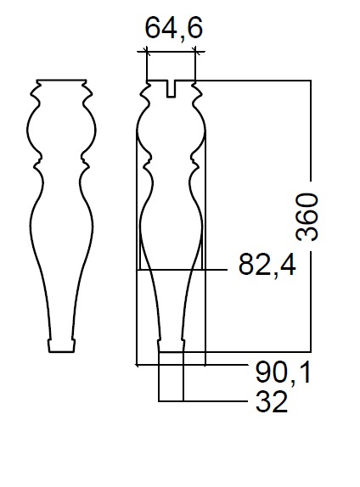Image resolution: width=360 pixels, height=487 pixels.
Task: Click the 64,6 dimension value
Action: tap(174, 29)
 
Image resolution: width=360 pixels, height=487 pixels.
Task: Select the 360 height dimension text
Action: tap(307, 217)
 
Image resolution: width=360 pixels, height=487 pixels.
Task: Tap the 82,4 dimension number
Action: tap(267, 266)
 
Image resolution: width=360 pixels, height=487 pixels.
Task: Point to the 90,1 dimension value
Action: tap(283, 373)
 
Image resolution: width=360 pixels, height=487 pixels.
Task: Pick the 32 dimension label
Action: tap(272, 401)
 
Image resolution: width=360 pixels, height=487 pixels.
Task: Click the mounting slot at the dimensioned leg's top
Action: tap(171, 89)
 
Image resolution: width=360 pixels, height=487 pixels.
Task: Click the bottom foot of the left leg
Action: tap(61, 345)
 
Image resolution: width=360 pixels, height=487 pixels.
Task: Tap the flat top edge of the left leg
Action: tap(61, 80)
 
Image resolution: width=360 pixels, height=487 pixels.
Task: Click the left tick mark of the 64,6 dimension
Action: tap(146, 51)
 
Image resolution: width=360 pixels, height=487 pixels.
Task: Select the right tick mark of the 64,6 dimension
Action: tap(195, 51)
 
